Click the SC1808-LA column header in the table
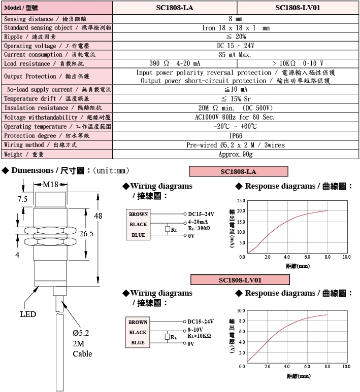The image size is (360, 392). (x=175, y=8)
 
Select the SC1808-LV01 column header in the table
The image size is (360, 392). (x=298, y=8)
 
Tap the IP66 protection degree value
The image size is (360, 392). (x=236, y=136)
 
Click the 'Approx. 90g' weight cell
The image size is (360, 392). (x=236, y=154)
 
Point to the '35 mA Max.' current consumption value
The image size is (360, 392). (x=235, y=55)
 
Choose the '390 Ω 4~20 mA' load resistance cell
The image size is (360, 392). (x=175, y=63)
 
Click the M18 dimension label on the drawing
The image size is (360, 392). (x=50, y=185)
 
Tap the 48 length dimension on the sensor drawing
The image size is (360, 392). (x=98, y=216)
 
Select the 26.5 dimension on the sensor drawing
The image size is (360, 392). (x=86, y=233)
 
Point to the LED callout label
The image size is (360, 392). (x=28, y=314)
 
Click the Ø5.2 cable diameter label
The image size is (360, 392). (x=81, y=333)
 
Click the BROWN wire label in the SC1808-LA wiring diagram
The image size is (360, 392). (x=139, y=214)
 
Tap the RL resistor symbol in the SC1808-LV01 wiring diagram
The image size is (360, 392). (x=167, y=337)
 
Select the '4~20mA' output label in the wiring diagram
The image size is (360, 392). (x=198, y=222)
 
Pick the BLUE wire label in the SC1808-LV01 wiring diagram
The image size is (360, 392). (x=138, y=342)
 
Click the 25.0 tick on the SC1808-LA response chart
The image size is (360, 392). (x=241, y=201)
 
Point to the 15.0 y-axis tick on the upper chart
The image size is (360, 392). (x=241, y=222)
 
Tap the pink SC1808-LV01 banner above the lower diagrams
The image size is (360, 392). (x=240, y=280)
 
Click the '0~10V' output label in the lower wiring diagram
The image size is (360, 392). (x=195, y=330)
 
